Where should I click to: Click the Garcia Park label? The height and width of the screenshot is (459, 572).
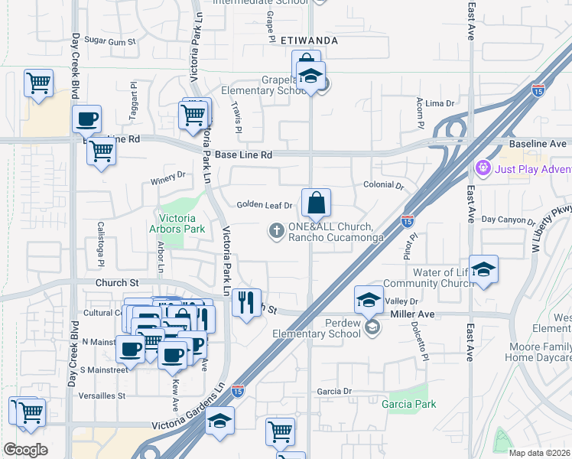(409, 404)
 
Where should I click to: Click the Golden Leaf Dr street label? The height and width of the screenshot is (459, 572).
(265, 205)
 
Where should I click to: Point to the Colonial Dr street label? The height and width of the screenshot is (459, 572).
(383, 185)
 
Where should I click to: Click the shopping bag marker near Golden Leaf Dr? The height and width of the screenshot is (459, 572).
(316, 203)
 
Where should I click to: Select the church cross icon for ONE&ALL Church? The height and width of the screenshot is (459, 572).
(275, 230)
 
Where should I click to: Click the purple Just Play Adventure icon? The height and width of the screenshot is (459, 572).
(483, 167)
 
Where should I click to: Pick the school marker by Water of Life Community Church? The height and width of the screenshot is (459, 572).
(483, 270)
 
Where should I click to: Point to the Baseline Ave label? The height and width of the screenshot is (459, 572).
(538, 144)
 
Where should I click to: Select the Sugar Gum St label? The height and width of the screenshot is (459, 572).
(109, 40)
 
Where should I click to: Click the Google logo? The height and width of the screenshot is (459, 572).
(25, 449)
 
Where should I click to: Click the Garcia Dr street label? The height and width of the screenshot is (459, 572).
(336, 391)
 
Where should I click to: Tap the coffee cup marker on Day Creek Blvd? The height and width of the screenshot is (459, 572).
(86, 119)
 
